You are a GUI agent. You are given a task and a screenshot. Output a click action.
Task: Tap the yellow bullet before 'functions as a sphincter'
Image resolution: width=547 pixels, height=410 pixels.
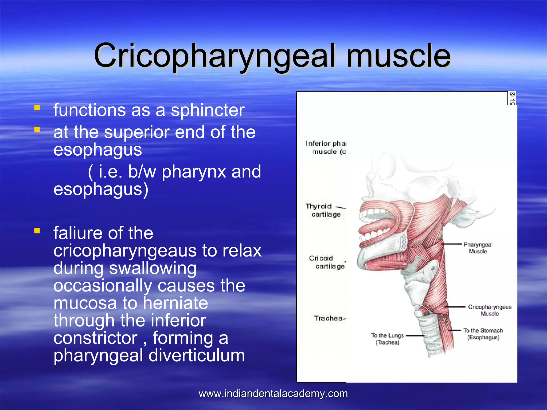coord(37,108)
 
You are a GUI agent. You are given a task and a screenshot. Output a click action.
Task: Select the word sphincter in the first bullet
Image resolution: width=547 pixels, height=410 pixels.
coord(208,110)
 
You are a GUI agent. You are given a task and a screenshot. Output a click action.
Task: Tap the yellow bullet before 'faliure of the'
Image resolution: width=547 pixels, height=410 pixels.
coord(37,231)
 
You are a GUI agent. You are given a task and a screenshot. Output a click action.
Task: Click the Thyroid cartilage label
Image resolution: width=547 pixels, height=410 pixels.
coord(323,210)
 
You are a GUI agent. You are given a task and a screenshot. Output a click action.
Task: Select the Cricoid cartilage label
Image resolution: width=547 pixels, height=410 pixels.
coord(326,262)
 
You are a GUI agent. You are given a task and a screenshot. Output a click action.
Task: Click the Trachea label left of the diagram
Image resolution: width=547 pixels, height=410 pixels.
coord(328,318)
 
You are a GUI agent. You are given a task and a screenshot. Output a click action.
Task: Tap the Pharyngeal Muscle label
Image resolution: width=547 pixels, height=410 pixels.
coord(478,248)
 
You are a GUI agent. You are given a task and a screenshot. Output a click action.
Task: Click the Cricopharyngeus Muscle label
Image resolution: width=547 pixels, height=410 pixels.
coord(489,310)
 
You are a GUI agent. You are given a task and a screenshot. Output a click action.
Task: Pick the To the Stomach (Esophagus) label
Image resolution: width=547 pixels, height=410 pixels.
coord(483,334)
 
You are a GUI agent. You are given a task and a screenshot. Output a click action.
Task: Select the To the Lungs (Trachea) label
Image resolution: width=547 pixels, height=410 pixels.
coord(387,339)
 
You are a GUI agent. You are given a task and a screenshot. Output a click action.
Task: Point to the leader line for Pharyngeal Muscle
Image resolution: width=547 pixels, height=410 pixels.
coord(451,244)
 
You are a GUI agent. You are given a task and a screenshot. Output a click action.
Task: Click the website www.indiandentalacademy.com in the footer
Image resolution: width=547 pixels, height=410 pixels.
coord(273,394)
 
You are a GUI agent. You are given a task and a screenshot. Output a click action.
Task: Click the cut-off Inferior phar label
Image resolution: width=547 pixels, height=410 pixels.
coord(326,147)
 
